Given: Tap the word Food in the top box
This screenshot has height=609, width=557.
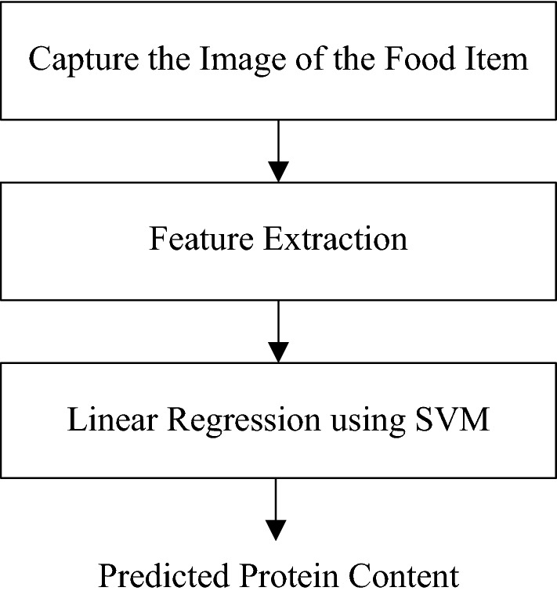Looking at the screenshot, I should (429, 60).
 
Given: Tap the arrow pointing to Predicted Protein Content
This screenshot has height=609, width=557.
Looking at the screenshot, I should (278, 509).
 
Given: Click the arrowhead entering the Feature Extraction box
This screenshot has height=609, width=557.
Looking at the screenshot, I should (278, 171).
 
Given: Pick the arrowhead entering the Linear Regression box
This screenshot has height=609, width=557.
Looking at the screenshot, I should (278, 351).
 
